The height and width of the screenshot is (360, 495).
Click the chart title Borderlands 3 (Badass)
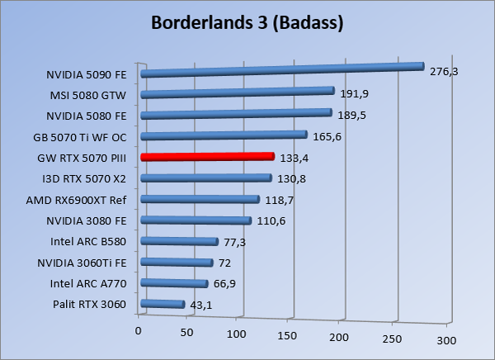(247, 23)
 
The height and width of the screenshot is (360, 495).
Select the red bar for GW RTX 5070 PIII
(207, 156)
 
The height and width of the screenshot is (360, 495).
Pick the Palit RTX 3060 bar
(163, 305)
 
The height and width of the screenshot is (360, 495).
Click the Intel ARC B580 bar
(179, 241)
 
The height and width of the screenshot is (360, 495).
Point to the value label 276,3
(444, 72)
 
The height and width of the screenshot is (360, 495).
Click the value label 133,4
(295, 157)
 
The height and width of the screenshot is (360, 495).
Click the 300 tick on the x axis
(445, 339)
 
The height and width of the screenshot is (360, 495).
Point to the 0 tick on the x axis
(139, 330)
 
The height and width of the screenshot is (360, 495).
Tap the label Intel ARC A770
(89, 284)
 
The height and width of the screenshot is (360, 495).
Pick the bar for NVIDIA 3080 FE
(196, 220)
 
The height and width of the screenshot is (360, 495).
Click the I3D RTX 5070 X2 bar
(206, 178)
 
